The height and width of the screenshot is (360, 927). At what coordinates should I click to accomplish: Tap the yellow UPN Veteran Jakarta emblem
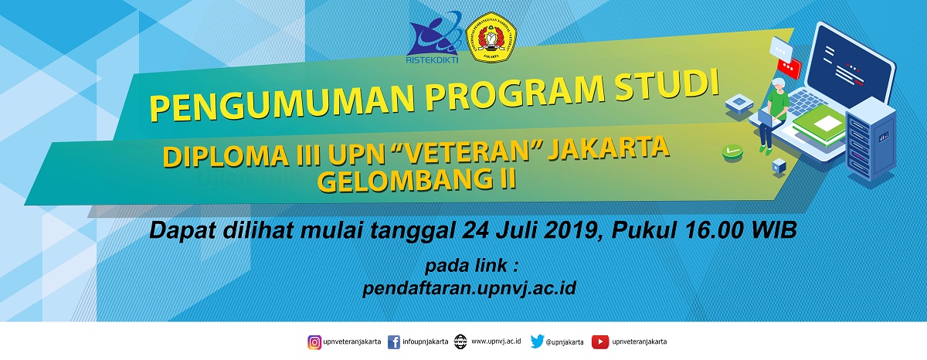pos(491,37)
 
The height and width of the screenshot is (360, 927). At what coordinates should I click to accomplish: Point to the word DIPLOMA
pos(226,156)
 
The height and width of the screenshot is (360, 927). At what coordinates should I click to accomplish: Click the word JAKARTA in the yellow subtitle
pos(609,149)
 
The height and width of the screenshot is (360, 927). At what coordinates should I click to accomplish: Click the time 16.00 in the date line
pos(715,230)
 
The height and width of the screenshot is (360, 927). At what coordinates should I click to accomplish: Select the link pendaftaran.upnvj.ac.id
pos(470,288)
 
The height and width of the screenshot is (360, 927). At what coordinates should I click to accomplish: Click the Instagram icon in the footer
pos(314,343)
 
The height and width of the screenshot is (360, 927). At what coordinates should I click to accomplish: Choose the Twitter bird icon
pos(537,341)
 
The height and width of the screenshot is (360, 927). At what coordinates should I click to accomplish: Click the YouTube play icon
pos(600,342)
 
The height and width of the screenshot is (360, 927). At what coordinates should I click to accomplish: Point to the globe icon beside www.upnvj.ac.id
pos(460,341)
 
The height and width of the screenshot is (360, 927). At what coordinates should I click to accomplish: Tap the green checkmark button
pos(732,152)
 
